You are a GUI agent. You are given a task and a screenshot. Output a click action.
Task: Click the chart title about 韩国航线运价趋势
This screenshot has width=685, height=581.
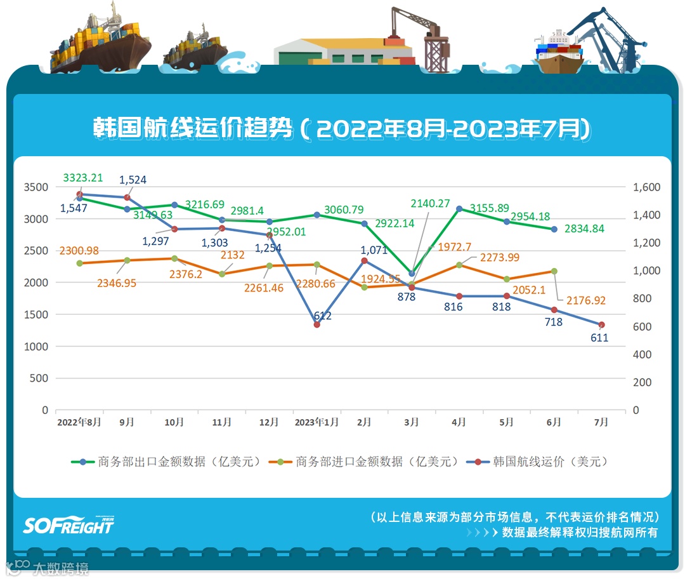[342, 129]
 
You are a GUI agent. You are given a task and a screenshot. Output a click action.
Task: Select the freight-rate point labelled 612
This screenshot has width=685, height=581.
[317, 324]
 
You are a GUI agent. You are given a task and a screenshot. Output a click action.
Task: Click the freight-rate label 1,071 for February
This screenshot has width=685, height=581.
[374, 250]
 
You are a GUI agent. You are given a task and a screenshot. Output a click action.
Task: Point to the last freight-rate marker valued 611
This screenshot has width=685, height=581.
[602, 324]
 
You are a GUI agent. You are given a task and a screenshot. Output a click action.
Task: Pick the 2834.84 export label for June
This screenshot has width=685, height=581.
[584, 229]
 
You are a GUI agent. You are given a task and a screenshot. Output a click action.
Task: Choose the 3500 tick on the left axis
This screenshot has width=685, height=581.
[37, 187]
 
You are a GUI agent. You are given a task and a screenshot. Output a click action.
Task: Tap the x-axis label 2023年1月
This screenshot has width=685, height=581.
[317, 422]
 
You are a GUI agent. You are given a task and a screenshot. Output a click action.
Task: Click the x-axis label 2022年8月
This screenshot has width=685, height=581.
[79, 422]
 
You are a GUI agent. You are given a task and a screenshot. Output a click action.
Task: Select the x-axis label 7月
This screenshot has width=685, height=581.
[601, 422]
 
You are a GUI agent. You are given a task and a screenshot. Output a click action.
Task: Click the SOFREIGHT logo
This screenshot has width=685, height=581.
[69, 524]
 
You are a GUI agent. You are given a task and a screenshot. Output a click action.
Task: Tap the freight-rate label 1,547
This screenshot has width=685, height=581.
[74, 208]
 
